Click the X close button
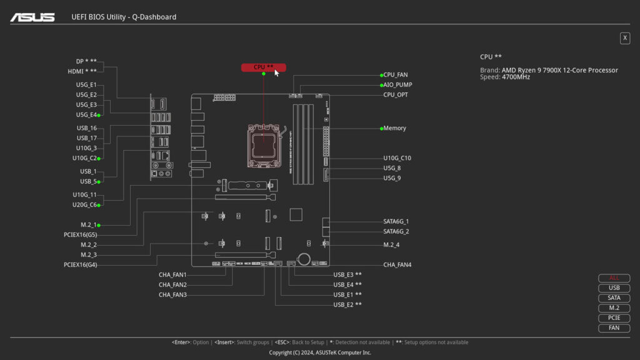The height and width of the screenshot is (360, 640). point(624,38)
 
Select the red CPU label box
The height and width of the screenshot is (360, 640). point(263,67)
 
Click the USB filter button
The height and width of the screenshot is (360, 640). point(614,288)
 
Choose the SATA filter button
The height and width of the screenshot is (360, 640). point(614,298)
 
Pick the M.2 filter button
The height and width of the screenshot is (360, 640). point(614,308)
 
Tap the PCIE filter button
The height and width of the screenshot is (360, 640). point(614,318)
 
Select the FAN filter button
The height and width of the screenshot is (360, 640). point(614,328)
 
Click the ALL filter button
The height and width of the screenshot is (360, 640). point(614,278)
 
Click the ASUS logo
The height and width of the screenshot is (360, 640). point(32,17)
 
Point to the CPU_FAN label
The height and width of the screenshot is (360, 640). point(395,75)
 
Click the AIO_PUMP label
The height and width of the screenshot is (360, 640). point(397,85)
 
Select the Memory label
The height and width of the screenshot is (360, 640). point(394,128)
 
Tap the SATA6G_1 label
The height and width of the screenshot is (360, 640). point(396,221)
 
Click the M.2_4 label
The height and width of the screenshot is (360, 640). point(392,244)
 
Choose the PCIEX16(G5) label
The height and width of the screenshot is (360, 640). point(80,235)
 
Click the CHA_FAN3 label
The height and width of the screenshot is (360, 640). point(172,294)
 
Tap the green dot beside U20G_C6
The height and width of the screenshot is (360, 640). point(99,204)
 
